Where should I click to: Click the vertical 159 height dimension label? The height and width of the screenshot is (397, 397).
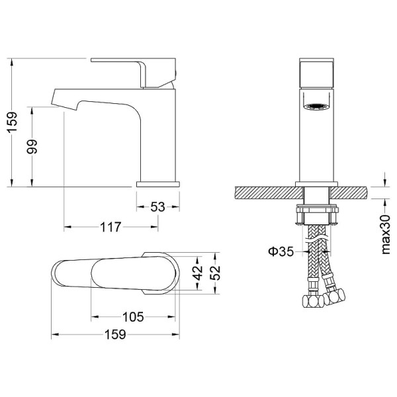pyautogui.click(x=12, y=122)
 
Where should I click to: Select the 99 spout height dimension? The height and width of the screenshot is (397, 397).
pyautogui.click(x=32, y=146)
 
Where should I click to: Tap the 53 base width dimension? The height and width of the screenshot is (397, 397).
pyautogui.click(x=157, y=207)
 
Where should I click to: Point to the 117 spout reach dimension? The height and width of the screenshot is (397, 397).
pyautogui.click(x=110, y=227)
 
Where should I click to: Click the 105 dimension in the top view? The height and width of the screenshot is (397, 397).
pyautogui.click(x=133, y=317)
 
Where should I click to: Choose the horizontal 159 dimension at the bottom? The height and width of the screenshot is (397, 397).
pyautogui.click(x=115, y=334)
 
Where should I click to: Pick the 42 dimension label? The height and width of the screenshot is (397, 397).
pyautogui.click(x=198, y=273)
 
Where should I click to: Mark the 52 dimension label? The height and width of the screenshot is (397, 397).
pyautogui.click(x=215, y=273)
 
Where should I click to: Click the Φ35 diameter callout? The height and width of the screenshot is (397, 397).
pyautogui.click(x=281, y=251)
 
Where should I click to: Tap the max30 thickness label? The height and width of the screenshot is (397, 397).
pyautogui.click(x=386, y=234)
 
